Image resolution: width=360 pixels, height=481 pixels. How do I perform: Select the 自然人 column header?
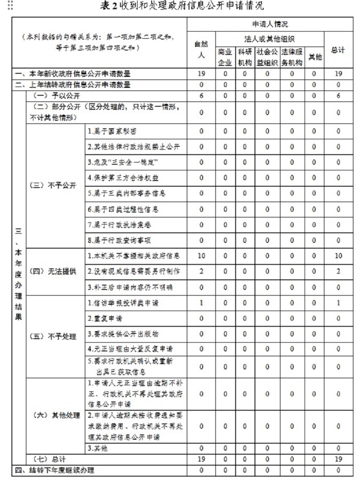pyautogui.click(x=201, y=49)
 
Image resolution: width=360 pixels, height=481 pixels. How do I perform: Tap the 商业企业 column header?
pyautogui.click(x=225, y=57)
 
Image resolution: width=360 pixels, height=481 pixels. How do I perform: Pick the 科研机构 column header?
pyautogui.click(x=245, y=57)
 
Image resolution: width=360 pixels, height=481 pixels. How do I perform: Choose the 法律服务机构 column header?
pyautogui.click(x=292, y=57)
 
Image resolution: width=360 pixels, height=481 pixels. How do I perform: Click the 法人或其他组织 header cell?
pyautogui.click(x=269, y=38)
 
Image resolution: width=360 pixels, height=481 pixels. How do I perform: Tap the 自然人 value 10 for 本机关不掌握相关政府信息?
pyautogui.click(x=201, y=256)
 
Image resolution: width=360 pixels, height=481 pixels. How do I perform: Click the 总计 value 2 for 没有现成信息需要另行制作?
pyautogui.click(x=338, y=271)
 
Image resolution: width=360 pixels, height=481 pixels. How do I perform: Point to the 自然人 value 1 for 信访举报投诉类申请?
pyautogui.click(x=201, y=303)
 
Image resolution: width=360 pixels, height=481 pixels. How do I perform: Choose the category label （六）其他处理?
pyautogui.click(x=55, y=415)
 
